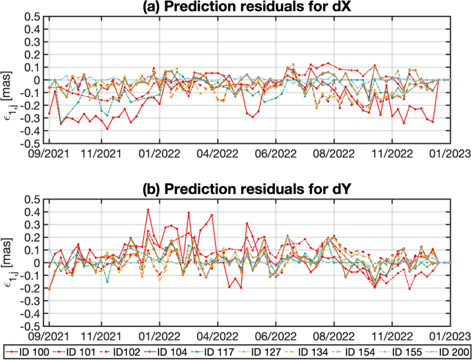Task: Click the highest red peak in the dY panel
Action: [x=148, y=210]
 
